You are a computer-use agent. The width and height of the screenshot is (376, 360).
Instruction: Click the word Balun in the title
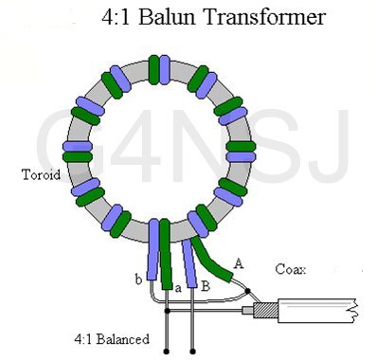click(x=167, y=16)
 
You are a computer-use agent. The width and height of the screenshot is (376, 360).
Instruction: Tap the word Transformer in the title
click(x=265, y=16)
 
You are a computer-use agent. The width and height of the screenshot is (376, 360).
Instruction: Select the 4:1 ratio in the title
click(x=116, y=16)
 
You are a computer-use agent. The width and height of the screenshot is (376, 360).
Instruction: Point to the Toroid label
click(x=41, y=174)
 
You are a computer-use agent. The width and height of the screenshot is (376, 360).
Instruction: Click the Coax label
click(x=291, y=269)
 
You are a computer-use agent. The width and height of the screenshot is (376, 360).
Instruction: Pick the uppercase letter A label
click(x=239, y=262)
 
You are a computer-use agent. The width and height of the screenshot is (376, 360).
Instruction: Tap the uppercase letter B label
click(x=206, y=286)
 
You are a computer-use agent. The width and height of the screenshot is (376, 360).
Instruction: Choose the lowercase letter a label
click(x=178, y=288)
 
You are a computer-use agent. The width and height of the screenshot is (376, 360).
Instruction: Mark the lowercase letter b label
click(x=138, y=279)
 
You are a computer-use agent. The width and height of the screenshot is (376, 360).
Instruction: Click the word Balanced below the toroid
click(x=123, y=339)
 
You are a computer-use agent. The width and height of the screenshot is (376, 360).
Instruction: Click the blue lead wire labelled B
click(x=189, y=263)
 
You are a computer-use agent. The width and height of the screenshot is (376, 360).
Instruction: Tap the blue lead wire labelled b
click(x=153, y=250)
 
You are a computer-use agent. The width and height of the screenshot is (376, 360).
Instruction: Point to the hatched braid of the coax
click(x=265, y=311)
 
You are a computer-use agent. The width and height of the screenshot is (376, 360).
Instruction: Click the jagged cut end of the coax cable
click(x=354, y=311)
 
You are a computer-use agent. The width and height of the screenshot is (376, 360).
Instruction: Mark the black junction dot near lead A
click(x=248, y=291)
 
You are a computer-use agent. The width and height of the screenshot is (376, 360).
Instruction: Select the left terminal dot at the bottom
click(x=167, y=351)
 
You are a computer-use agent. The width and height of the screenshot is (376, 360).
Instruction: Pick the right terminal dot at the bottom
click(x=193, y=351)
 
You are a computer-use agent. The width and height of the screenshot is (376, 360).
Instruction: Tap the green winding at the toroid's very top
click(x=154, y=70)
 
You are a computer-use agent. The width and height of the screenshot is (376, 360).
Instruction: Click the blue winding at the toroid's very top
click(x=165, y=70)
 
